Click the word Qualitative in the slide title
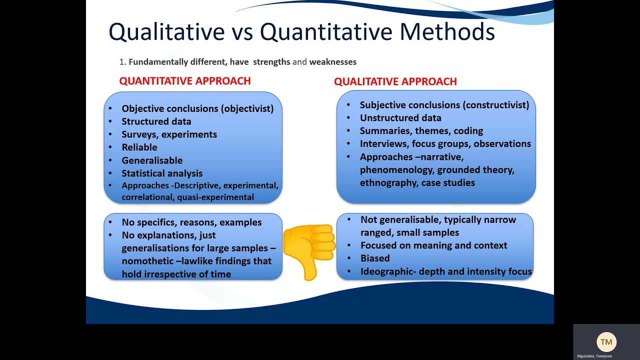pyautogui.click(x=166, y=32)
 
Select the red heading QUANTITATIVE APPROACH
pyautogui.click(x=185, y=81)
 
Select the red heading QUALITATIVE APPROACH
pyautogui.click(x=395, y=81)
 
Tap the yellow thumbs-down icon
pyautogui.click(x=309, y=250)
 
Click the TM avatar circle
pyautogui.click(x=606, y=342)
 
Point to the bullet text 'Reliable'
pyautogui.click(x=139, y=147)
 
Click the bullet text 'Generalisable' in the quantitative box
pyautogui.click(x=152, y=160)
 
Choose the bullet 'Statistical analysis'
pyautogui.click(x=162, y=173)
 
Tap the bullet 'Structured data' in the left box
pyautogui.click(x=156, y=121)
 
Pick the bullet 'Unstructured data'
pyautogui.click(x=400, y=118)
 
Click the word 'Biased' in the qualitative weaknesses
pyautogui.click(x=375, y=258)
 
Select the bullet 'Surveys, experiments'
pyautogui.click(x=169, y=134)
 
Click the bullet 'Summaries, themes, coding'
pyautogui.click(x=421, y=131)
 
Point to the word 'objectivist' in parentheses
pyautogui.click(x=248, y=108)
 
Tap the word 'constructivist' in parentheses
pyautogui.click(x=495, y=105)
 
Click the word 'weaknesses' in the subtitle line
pyautogui.click(x=333, y=62)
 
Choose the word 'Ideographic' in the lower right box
pyautogui.click(x=385, y=272)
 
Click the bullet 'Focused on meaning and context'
pyautogui.click(x=433, y=245)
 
